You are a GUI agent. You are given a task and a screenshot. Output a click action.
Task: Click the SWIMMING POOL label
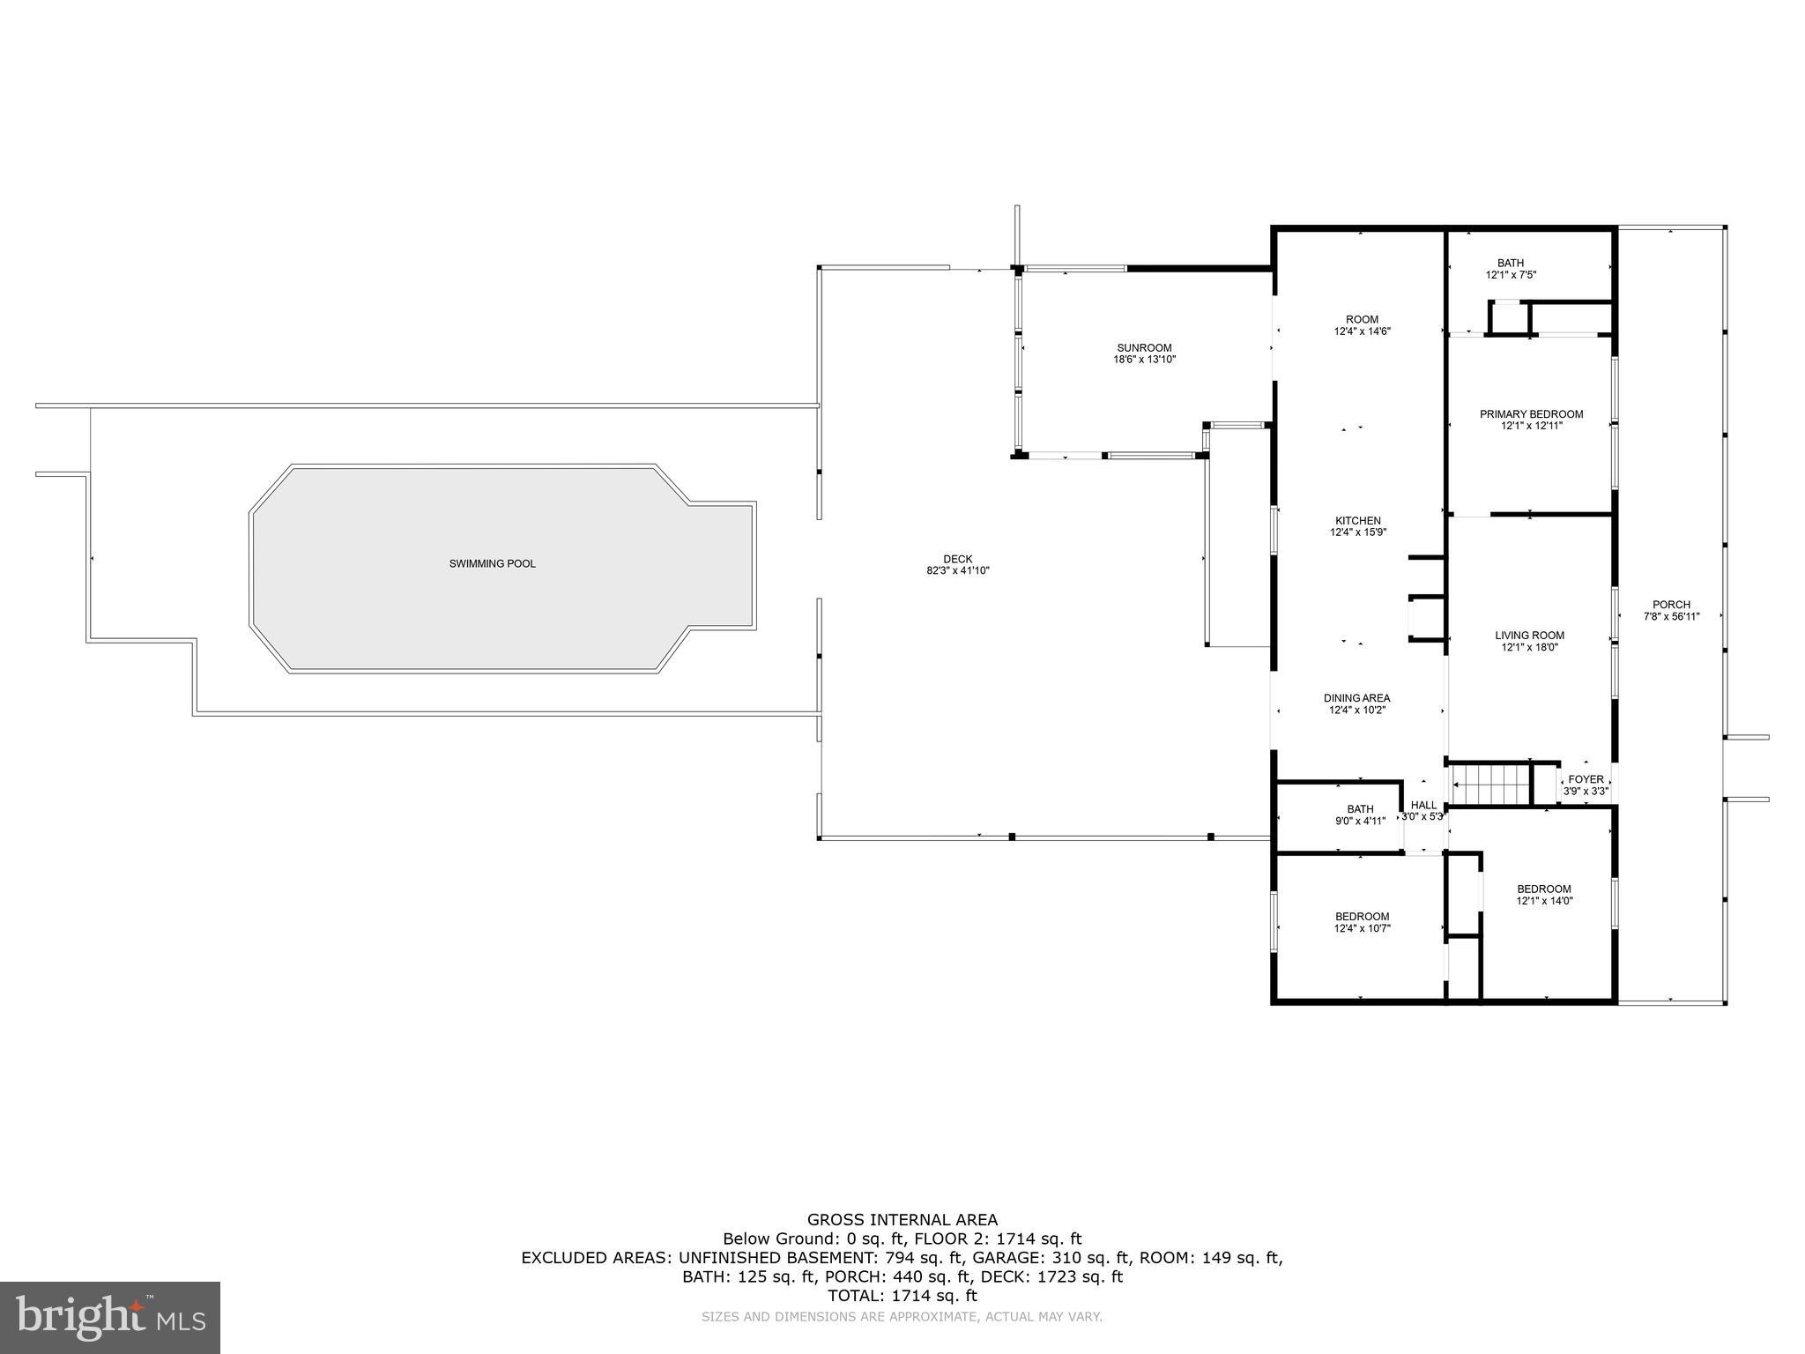pyautogui.click(x=492, y=563)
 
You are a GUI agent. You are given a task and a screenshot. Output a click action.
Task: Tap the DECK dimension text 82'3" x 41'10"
pyautogui.click(x=958, y=571)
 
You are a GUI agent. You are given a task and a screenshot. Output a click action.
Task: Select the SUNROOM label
pyautogui.click(x=1144, y=348)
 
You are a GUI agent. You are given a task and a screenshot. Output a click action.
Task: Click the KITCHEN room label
pyautogui.click(x=1357, y=521)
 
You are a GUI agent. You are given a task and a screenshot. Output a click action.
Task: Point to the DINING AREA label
pyautogui.click(x=1356, y=698)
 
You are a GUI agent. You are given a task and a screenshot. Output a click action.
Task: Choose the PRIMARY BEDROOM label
pyautogui.click(x=1531, y=414)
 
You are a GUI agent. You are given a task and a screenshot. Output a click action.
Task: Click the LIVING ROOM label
pyautogui.click(x=1529, y=636)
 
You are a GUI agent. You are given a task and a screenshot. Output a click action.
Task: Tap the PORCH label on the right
pyautogui.click(x=1671, y=605)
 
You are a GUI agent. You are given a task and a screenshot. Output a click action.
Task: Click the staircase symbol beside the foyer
pyautogui.click(x=1489, y=785)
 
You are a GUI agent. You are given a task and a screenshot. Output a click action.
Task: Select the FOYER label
pyautogui.click(x=1586, y=779)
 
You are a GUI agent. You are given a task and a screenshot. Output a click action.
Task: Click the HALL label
pyautogui.click(x=1423, y=805)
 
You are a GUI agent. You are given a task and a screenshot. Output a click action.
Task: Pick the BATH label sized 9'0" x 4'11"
pyautogui.click(x=1360, y=809)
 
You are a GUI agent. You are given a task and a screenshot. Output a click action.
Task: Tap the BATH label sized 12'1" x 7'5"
pyautogui.click(x=1510, y=263)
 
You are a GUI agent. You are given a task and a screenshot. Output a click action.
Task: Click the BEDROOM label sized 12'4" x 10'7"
pyautogui.click(x=1362, y=917)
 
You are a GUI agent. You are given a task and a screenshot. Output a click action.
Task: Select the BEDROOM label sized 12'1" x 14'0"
pyautogui.click(x=1543, y=889)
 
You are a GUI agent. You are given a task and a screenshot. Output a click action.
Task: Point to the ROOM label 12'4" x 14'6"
pyautogui.click(x=1362, y=320)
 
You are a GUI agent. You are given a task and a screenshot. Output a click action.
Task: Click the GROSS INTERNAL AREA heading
pyautogui.click(x=902, y=1220)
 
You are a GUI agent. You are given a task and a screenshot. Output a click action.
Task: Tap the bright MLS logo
pyautogui.click(x=110, y=1317)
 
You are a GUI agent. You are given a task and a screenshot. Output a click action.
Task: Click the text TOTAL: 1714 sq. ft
pyautogui.click(x=902, y=1296)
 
